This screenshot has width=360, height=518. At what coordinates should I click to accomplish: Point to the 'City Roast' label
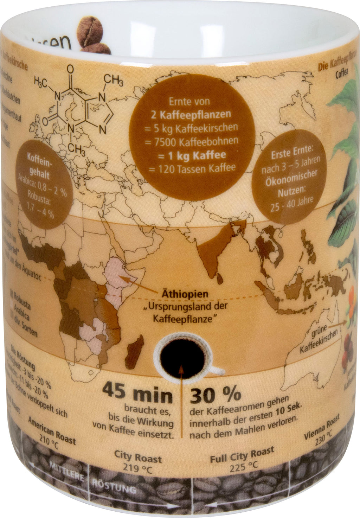pyautogui.click(x=138, y=458)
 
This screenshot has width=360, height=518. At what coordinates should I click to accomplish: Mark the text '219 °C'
pyautogui.click(x=138, y=469)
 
